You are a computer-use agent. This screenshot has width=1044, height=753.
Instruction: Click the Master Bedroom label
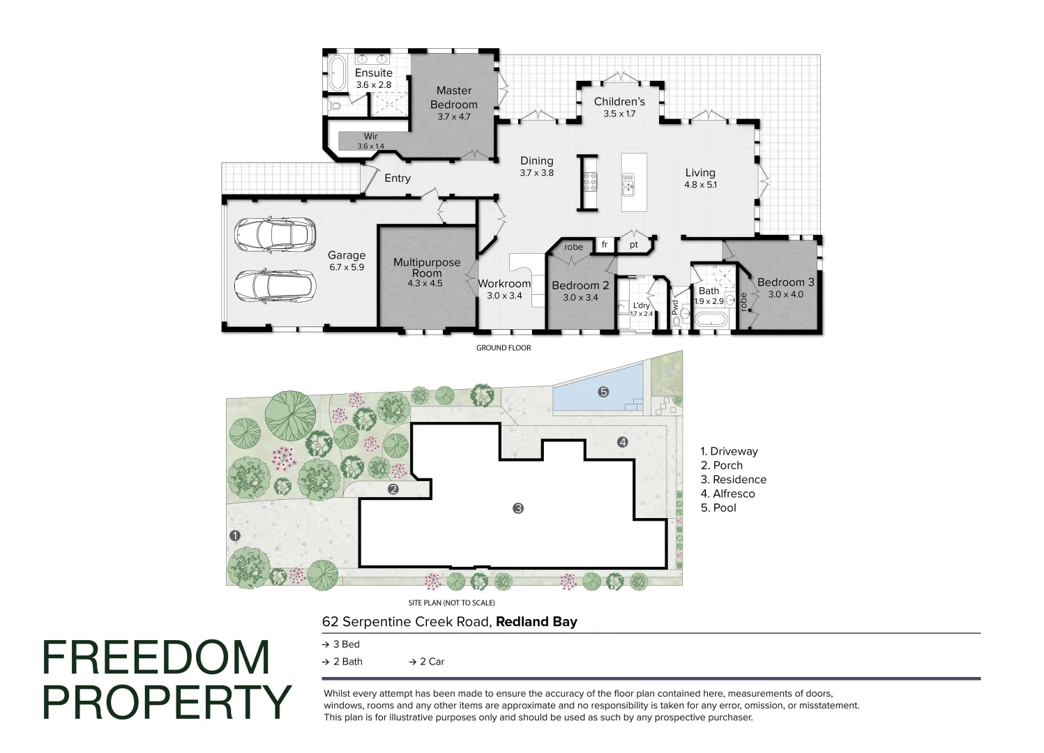(x=454, y=98)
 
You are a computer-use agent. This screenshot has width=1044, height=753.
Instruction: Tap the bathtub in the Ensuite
(x=338, y=73)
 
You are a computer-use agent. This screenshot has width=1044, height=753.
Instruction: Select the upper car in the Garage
(x=274, y=234)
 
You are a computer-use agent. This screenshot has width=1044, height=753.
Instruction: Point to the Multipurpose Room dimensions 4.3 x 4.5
(x=425, y=284)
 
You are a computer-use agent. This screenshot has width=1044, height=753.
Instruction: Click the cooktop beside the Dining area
(x=590, y=182)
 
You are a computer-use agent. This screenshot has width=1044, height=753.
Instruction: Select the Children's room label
(x=619, y=102)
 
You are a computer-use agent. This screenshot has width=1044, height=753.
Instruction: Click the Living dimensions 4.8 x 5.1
(x=700, y=185)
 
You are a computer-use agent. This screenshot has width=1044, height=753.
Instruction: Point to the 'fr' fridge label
(x=605, y=245)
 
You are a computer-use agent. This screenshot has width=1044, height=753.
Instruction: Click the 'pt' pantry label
(x=633, y=245)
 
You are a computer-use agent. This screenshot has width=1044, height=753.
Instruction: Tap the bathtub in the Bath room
(x=711, y=320)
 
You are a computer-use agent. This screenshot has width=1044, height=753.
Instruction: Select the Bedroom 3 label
(x=785, y=282)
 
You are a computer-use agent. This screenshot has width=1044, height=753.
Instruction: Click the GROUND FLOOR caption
(x=504, y=348)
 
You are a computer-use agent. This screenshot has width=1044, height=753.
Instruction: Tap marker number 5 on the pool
(x=603, y=392)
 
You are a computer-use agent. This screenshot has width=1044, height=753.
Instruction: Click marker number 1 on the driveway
(x=235, y=535)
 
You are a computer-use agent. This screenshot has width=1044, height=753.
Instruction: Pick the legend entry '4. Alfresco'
(x=727, y=494)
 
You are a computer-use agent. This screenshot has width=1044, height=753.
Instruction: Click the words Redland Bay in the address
(x=536, y=622)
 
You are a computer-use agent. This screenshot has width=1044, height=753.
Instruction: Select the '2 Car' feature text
(x=431, y=662)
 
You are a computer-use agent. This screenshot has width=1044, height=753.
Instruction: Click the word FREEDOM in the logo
(x=156, y=657)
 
